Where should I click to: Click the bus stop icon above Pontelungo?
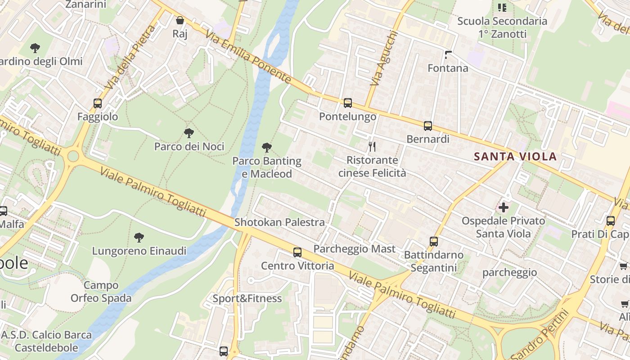(347, 103)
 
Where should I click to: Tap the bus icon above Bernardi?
(427, 126)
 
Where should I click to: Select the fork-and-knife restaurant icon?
(372, 146)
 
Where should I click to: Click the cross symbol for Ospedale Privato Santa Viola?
(503, 207)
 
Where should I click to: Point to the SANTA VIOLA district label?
(515, 157)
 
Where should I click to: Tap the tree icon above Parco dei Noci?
(189, 133)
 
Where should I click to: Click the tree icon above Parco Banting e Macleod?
(266, 147)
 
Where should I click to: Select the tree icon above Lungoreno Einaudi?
(139, 237)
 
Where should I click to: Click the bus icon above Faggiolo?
(98, 103)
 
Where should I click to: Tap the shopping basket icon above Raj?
(180, 20)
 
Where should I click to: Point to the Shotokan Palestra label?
(279, 222)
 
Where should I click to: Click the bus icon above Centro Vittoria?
(297, 252)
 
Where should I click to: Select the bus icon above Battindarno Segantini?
(433, 242)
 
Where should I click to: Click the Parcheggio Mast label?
(355, 249)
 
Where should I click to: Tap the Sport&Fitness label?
(247, 298)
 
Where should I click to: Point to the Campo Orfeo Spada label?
(101, 292)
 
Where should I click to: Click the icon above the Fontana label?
(448, 55)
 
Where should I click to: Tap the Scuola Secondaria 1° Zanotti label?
(502, 27)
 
